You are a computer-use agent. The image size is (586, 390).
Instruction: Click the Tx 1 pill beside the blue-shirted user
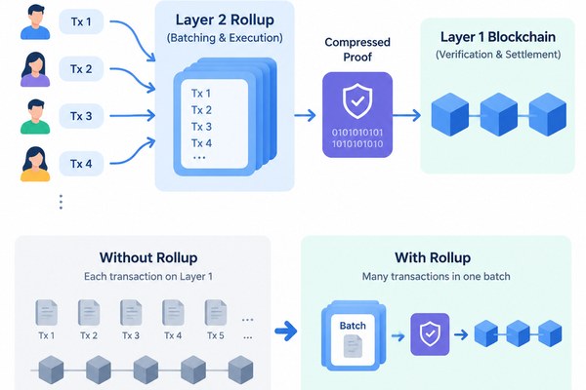point(81,21)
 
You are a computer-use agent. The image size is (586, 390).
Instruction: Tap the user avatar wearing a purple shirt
point(35,69)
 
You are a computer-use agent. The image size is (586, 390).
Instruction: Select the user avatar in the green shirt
point(35,116)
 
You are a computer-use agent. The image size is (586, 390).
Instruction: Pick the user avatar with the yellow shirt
point(35,164)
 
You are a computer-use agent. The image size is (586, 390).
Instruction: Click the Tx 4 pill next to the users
point(81,164)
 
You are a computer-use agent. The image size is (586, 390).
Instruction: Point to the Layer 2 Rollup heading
point(225,19)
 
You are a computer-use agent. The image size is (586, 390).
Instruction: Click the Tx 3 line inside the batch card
point(201,127)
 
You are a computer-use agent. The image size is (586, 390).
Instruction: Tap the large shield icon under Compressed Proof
point(357,100)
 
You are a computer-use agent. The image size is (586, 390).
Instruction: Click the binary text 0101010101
point(357,133)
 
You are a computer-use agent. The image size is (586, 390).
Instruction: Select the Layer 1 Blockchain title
point(498,37)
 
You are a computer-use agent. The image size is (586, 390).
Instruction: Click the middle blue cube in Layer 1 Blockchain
point(498,114)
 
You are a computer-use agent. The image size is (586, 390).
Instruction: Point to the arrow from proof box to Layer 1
point(406,115)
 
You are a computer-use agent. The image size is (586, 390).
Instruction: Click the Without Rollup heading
point(148,257)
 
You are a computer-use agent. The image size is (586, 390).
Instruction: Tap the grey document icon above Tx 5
point(216,312)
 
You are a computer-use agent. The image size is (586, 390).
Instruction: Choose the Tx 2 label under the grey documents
point(89,335)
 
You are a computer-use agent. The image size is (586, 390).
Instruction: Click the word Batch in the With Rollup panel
point(353,326)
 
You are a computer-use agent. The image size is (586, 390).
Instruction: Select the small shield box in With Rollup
point(430,334)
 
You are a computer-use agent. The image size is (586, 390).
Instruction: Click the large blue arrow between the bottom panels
point(286,331)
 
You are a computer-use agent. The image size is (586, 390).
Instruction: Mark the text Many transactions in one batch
point(437,277)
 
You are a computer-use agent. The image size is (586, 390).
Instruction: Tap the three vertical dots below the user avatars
point(61,202)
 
